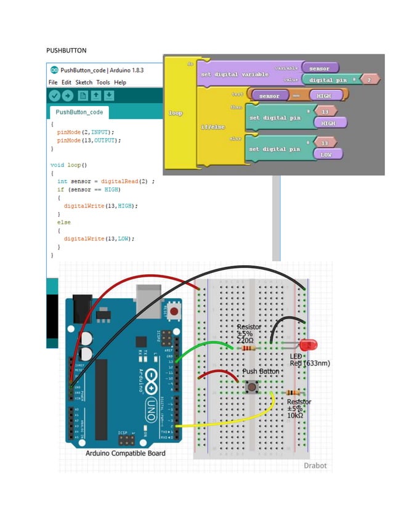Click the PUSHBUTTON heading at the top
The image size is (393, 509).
67,49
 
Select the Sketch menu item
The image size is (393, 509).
84,82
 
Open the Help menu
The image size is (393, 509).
120,82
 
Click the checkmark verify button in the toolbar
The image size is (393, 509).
55,96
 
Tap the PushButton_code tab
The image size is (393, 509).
79,112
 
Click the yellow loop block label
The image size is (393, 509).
175,113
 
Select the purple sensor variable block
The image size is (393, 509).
319,68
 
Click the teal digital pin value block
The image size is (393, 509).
329,80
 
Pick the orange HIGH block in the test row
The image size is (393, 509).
322,96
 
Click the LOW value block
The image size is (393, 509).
326,155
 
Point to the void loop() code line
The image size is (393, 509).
68,165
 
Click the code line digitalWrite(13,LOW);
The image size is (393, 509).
99,238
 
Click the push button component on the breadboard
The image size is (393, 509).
252,388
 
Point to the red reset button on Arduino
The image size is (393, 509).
175,309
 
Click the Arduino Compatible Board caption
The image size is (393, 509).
125,453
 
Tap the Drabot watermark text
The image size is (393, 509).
315,465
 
